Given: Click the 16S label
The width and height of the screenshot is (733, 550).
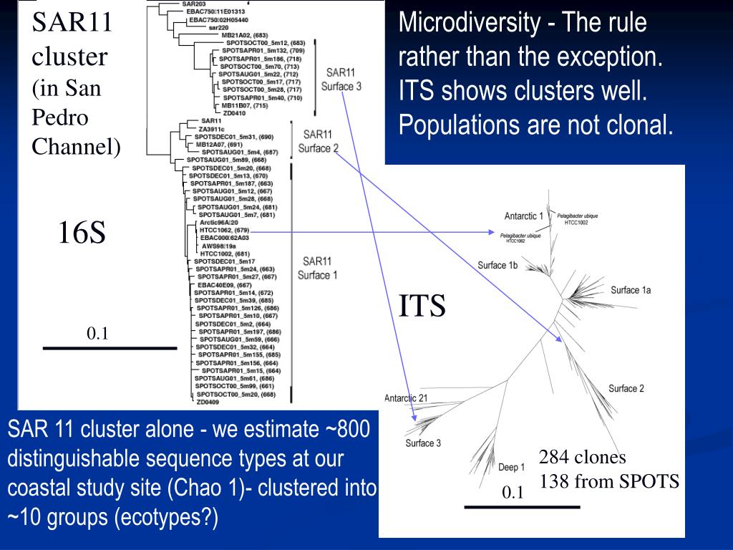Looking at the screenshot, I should (x=82, y=233).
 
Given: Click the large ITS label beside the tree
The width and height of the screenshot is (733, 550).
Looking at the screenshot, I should (x=422, y=306).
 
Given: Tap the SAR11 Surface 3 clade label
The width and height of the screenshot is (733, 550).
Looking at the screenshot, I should (x=341, y=79).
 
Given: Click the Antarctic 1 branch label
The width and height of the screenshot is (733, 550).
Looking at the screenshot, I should (x=523, y=216).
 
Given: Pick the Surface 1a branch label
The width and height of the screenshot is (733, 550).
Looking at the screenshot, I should (x=631, y=290).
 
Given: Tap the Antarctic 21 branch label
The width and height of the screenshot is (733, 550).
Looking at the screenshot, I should (x=406, y=398).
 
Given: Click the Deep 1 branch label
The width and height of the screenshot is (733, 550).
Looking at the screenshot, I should (x=511, y=468).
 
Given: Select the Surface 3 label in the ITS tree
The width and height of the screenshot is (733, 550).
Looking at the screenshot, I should (x=423, y=443).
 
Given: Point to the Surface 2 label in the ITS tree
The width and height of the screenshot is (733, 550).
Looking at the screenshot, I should (x=626, y=388).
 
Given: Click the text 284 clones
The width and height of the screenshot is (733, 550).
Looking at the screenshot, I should (x=582, y=458).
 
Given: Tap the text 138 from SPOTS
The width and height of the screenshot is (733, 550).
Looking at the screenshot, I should (x=608, y=481).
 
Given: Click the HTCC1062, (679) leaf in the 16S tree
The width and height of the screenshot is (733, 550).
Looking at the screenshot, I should (x=224, y=230).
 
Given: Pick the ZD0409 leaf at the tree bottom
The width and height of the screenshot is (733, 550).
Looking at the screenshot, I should (x=208, y=402).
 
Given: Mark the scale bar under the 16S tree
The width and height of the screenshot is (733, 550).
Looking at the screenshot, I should (x=110, y=348).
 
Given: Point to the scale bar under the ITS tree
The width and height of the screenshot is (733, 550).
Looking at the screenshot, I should (x=522, y=507).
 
